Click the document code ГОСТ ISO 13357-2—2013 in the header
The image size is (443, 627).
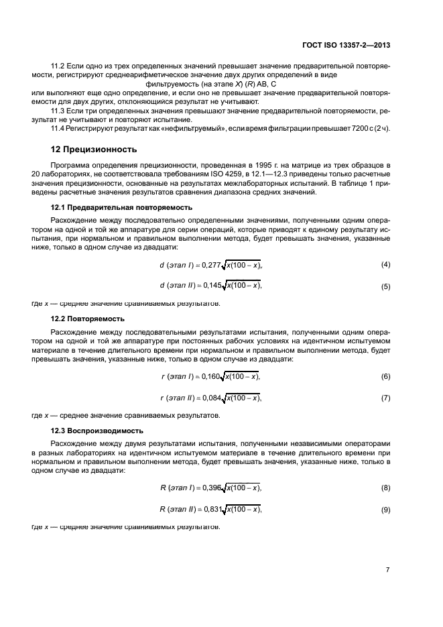coord(343,45)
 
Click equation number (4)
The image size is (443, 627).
coord(385,265)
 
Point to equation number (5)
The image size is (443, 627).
coord(385,287)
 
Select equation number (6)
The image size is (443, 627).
coord(385,376)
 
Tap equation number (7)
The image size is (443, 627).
coord(385,398)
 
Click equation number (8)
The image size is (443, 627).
coord(385,488)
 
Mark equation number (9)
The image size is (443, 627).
coord(385,510)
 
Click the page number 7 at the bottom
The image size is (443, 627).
coord(387,569)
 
